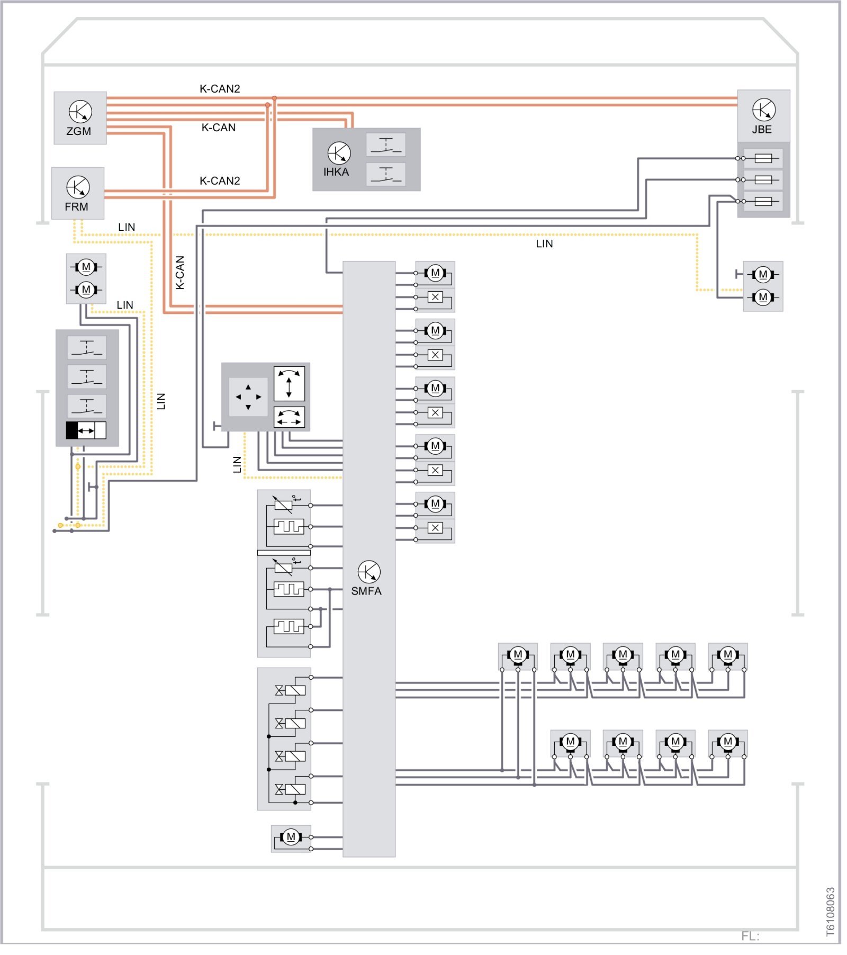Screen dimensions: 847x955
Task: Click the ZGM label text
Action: [78, 131]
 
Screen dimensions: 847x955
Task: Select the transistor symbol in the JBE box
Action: [763, 110]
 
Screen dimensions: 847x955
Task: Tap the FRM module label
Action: [76, 207]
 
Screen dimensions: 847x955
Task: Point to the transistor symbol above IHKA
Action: [339, 153]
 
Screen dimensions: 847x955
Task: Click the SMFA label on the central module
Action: [366, 591]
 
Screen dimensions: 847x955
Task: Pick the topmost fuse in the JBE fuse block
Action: [763, 158]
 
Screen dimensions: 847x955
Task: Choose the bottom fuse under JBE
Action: [763, 202]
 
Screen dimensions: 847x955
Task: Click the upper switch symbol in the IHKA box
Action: [386, 145]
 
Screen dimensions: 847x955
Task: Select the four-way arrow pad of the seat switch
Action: [248, 397]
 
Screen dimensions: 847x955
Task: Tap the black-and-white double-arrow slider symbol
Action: [86, 430]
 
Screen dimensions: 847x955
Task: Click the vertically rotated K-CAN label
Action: [180, 273]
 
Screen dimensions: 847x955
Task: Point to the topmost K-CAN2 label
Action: [220, 89]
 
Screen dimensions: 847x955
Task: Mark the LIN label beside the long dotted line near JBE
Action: [544, 244]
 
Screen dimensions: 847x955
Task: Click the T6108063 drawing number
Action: [831, 912]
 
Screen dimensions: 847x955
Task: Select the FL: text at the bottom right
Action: [750, 936]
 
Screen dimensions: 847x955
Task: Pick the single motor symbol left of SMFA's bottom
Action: [291, 837]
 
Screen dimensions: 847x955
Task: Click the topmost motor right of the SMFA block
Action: [435, 273]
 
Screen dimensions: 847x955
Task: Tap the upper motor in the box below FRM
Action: [86, 267]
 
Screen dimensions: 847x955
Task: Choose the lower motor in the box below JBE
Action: [763, 298]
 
